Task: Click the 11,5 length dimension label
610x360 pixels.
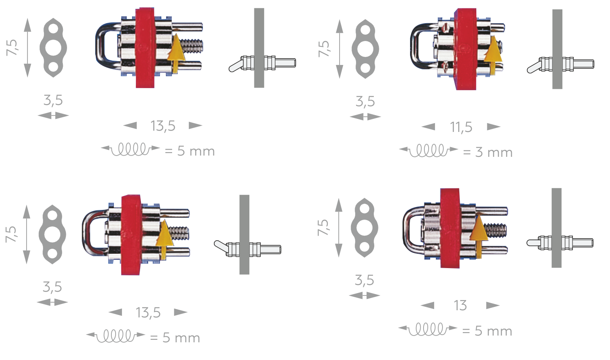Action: pos(461,127)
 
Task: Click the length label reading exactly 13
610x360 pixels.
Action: pos(460,306)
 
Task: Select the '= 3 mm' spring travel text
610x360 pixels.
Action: pos(488,152)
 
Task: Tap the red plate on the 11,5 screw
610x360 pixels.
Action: pos(465,49)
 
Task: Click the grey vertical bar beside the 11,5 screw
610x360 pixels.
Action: pos(557,49)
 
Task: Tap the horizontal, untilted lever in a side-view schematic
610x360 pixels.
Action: pos(533,243)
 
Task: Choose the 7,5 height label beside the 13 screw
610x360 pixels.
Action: pos(323,228)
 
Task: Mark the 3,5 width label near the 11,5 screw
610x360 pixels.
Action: pos(365,101)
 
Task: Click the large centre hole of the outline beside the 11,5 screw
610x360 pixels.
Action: pos(365,49)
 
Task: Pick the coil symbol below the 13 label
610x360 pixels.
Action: pos(427,329)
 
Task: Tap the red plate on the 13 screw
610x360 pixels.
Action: pos(450,228)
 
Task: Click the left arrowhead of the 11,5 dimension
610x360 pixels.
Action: pos(428,127)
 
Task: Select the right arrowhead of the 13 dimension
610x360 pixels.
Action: pos(493,306)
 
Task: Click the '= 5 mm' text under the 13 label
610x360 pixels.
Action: pos(487,331)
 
